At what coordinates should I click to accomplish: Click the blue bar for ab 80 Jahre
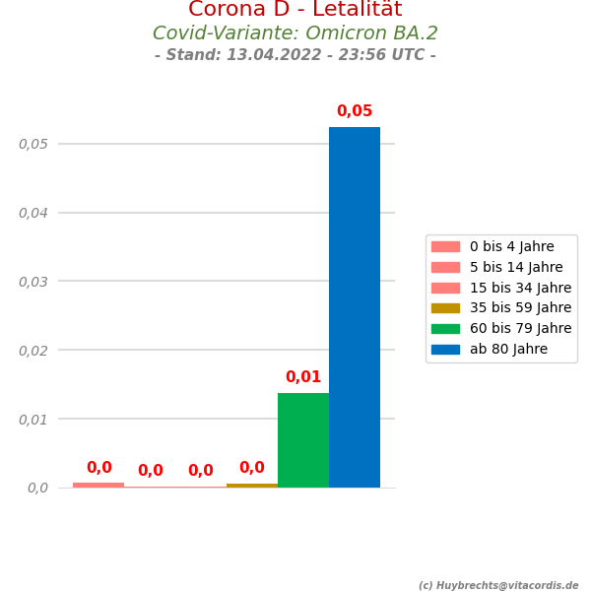click(x=355, y=307)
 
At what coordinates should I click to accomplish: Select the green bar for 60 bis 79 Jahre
click(x=303, y=440)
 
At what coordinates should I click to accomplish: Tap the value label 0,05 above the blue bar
click(x=355, y=111)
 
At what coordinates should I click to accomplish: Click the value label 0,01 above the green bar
click(x=303, y=377)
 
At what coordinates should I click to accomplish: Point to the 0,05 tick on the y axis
click(x=33, y=144)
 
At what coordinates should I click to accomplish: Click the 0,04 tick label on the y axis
click(x=33, y=213)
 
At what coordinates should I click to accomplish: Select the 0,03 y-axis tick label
click(x=33, y=282)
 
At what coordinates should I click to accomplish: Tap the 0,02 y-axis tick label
click(x=33, y=350)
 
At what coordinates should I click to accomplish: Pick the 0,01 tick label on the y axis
click(x=33, y=419)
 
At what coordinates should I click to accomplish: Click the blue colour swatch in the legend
click(x=445, y=349)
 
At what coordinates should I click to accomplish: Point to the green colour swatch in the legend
click(x=445, y=329)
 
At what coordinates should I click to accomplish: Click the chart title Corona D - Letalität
click(x=295, y=10)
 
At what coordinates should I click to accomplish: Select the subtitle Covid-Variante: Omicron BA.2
click(x=295, y=33)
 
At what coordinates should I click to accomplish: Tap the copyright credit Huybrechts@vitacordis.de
click(x=498, y=585)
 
